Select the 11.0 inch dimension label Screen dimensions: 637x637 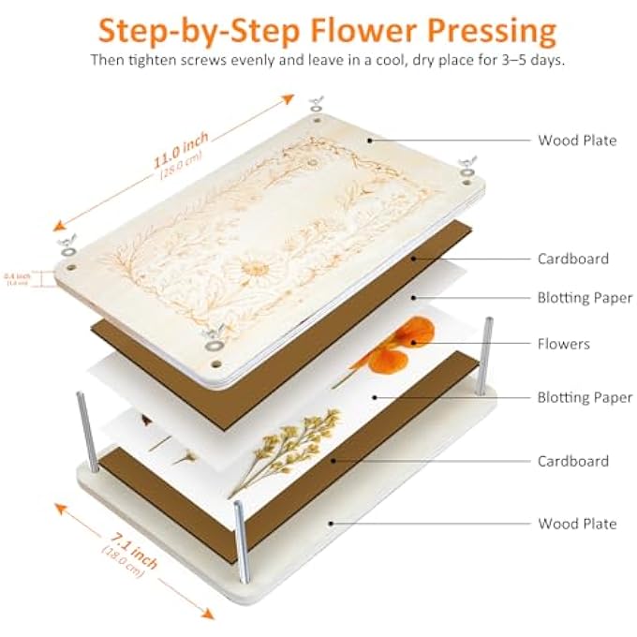(181, 152)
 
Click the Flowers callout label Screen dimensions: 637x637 (563, 344)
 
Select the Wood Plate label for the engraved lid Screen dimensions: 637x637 (576, 141)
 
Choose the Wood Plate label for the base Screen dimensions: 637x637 (576, 524)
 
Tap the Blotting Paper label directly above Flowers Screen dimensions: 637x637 (585, 298)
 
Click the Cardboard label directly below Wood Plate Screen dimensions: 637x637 (572, 259)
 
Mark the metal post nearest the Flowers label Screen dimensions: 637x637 (487, 351)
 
